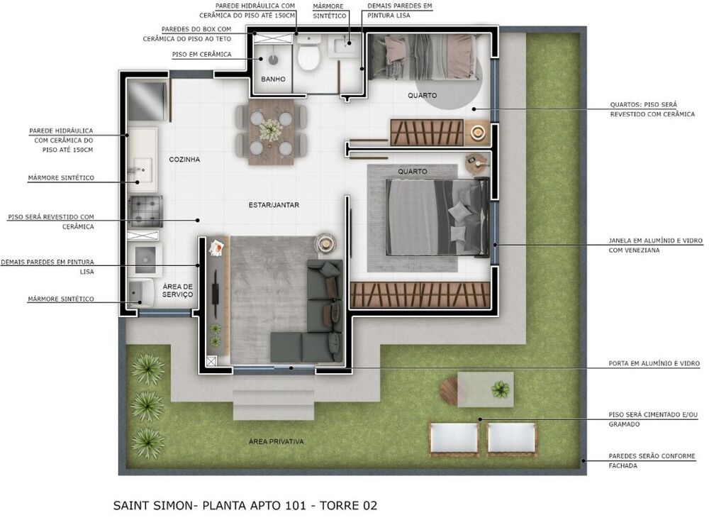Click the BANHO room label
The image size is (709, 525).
pyautogui.click(x=273, y=79)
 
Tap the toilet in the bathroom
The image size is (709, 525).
pyautogui.click(x=308, y=55)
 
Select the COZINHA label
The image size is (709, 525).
pyautogui.click(x=184, y=160)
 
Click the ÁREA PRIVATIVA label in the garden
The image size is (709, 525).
pyautogui.click(x=276, y=441)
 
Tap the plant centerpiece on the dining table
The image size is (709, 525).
pyautogui.click(x=271, y=129)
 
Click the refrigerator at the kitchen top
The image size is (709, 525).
pyautogui.click(x=146, y=101)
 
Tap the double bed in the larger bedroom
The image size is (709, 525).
pyautogui.click(x=436, y=216)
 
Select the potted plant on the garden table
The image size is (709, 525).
pyautogui.click(x=501, y=389)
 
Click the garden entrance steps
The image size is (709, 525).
pyautogui.click(x=273, y=404)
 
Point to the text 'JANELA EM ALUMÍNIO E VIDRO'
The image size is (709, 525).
pyautogui.click(x=655, y=241)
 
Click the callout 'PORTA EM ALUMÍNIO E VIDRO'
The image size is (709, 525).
pyautogui.click(x=654, y=363)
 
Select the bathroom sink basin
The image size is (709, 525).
pyautogui.click(x=347, y=48)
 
